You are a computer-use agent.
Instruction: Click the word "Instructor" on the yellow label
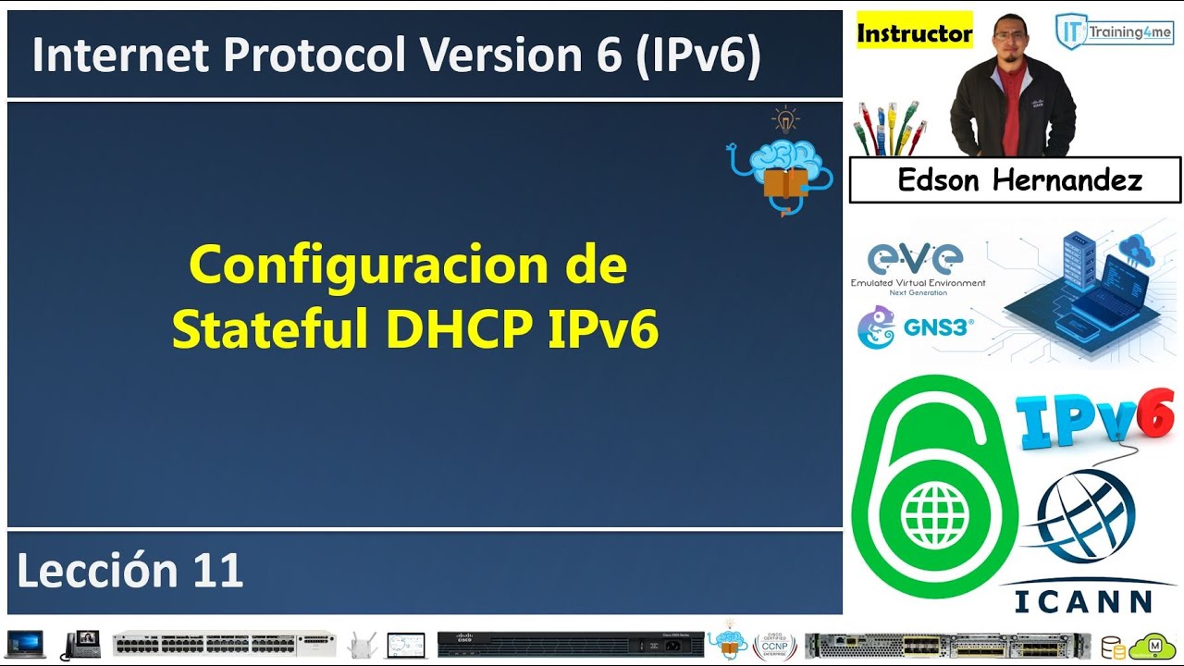[915, 32]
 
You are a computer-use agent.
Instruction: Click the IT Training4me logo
[1113, 31]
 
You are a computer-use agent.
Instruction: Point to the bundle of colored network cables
[890, 128]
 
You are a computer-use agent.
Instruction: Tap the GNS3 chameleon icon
[876, 327]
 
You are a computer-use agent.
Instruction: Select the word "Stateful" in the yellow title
[270, 328]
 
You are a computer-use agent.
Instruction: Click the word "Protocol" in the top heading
[314, 54]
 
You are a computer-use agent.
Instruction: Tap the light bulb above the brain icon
[785, 119]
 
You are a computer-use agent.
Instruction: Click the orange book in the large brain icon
[786, 183]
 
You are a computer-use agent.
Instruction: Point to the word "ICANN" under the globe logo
[1083, 602]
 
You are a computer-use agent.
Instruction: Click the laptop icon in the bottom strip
[25, 645]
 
